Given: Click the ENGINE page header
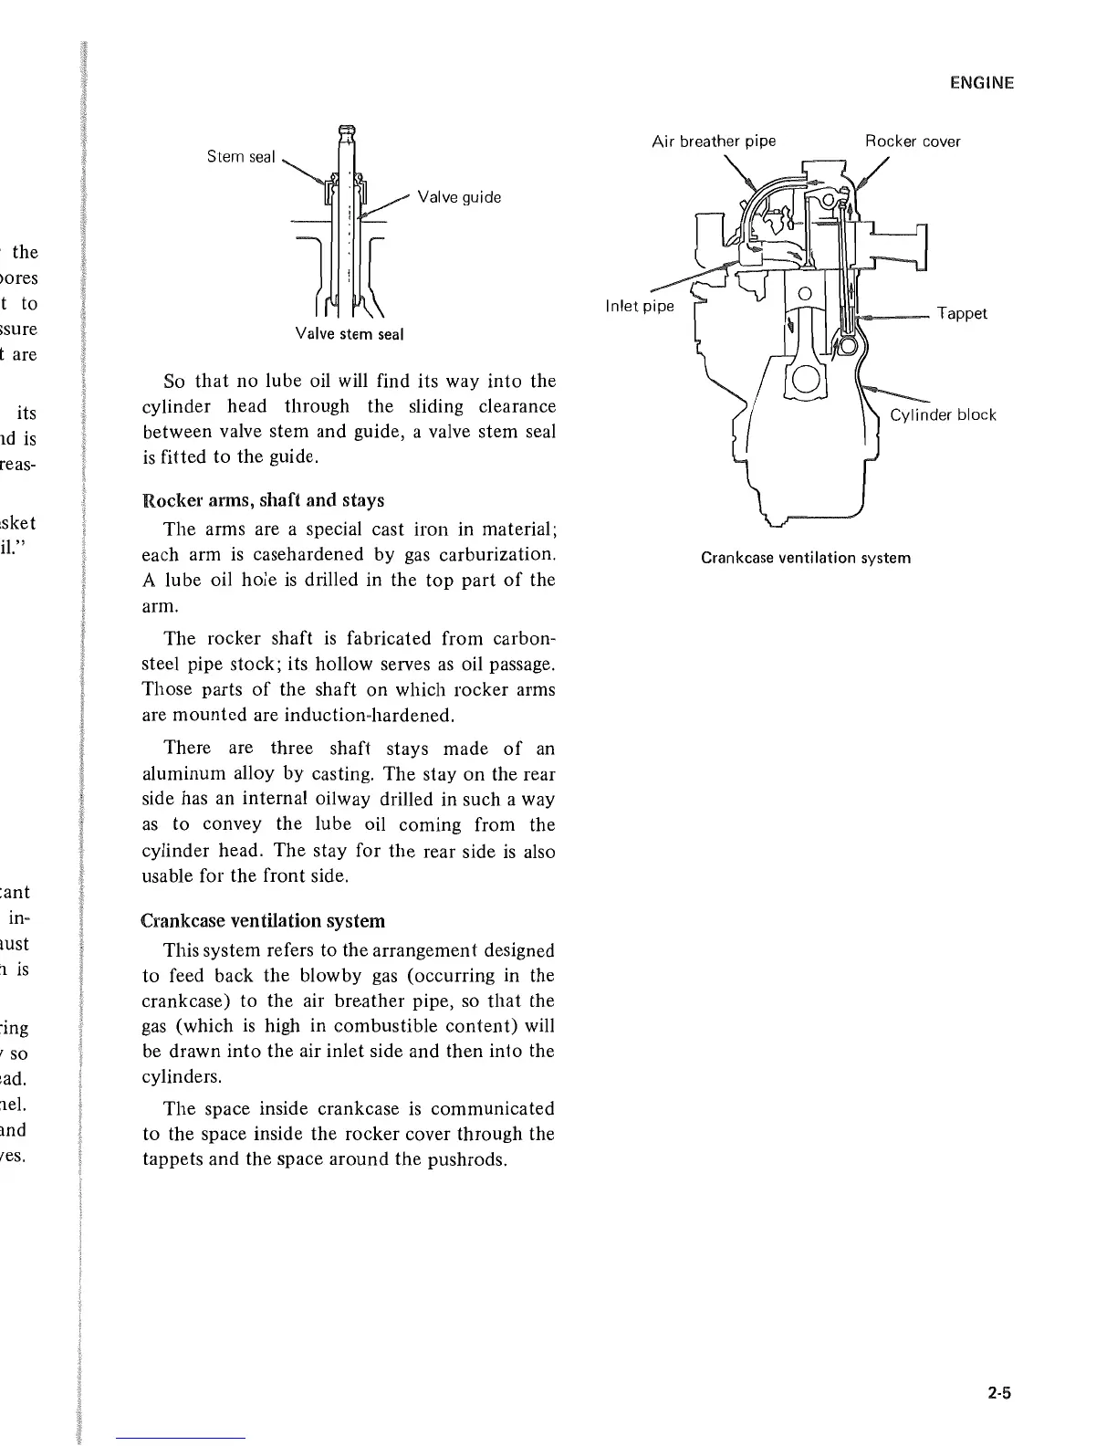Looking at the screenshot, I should (981, 83).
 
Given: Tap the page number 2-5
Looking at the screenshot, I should (999, 1393).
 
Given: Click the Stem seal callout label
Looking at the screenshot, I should (241, 157).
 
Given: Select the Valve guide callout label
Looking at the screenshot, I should (459, 197).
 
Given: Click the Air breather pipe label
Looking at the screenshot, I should (714, 141).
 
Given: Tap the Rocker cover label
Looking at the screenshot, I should (913, 141).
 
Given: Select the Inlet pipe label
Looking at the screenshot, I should (640, 306).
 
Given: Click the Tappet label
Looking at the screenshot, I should (962, 313).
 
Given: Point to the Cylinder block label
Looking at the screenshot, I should (943, 414).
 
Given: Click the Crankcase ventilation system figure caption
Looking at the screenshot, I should (806, 558).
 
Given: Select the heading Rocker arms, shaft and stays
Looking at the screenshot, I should (264, 500).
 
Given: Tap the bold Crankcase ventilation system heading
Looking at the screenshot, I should (263, 920).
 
